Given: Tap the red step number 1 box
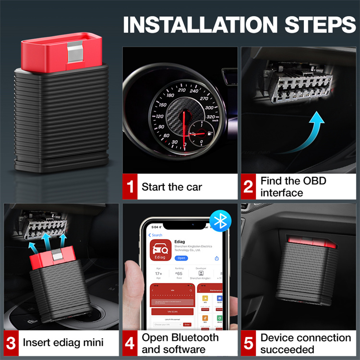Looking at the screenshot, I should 130,187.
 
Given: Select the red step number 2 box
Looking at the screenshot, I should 248,187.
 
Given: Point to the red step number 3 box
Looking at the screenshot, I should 11,343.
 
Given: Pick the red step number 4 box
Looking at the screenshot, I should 130,343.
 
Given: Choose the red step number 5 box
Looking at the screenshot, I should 248,343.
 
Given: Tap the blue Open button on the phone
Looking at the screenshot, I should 181,258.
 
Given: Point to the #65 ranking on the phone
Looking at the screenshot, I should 180,273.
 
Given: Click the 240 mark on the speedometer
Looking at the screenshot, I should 194,90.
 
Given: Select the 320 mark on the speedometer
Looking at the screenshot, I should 211,117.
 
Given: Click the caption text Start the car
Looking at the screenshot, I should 172,187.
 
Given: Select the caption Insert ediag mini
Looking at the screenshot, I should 63,343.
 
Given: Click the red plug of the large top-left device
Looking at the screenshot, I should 61,52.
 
